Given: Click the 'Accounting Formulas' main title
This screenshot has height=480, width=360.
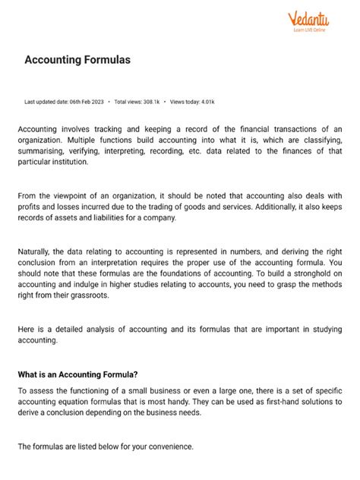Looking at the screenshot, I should click(77, 60).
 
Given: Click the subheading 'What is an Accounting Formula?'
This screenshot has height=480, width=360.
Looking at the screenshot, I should click(78, 374).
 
